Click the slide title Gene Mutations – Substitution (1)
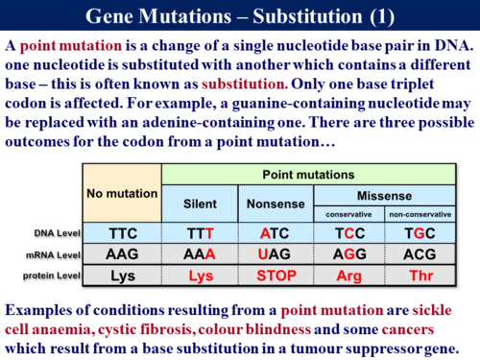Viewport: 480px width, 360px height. pos(240,17)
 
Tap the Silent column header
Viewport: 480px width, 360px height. pos(200,204)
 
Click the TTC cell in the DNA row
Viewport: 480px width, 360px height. pos(122,232)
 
